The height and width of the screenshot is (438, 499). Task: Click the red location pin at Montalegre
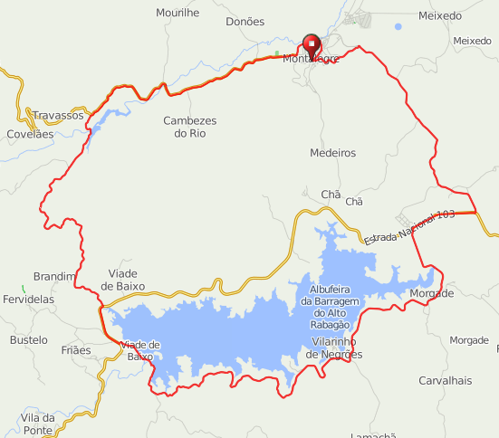(x=312, y=43)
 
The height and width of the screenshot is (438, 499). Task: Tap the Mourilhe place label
(x=178, y=12)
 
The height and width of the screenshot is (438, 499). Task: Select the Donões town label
(x=245, y=21)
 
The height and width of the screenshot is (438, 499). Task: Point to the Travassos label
(x=58, y=116)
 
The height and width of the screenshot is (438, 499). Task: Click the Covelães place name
(x=31, y=133)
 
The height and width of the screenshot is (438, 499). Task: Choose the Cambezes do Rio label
(x=190, y=127)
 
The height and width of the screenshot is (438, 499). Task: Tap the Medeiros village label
(x=332, y=153)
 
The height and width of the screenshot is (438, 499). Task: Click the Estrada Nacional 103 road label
(x=408, y=225)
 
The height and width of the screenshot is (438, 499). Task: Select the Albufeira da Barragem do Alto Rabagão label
(x=331, y=300)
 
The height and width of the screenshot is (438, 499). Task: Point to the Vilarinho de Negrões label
(x=334, y=348)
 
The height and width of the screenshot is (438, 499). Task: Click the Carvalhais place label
(x=445, y=380)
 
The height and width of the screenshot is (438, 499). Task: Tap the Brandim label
(x=54, y=276)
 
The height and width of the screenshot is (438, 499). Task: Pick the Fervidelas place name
(x=28, y=299)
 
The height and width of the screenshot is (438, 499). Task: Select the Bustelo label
(x=28, y=339)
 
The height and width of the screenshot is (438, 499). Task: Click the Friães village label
(x=76, y=349)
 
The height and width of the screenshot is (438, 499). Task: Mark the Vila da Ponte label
(x=37, y=424)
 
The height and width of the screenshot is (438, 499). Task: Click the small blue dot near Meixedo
(x=398, y=26)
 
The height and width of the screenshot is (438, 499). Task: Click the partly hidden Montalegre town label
(x=311, y=59)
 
